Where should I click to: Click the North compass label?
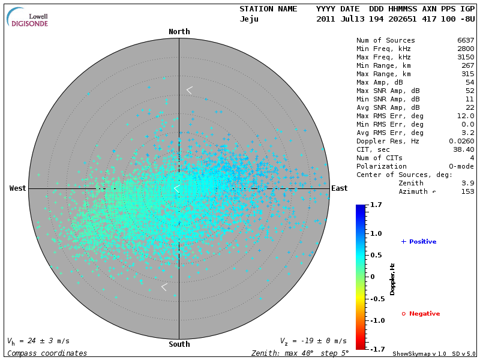click(x=179, y=32)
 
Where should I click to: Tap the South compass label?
click(x=179, y=344)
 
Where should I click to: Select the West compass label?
click(x=18, y=188)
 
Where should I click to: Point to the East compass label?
click(x=339, y=188)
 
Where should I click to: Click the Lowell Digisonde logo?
click(x=28, y=17)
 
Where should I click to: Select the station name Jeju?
click(x=249, y=19)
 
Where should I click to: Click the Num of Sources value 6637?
click(x=466, y=41)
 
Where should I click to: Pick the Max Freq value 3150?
click(x=466, y=58)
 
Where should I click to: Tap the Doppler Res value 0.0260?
click(x=461, y=142)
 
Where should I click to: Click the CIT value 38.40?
click(x=464, y=150)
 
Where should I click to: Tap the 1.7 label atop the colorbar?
click(x=377, y=205)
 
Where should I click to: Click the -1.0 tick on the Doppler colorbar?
click(x=376, y=320)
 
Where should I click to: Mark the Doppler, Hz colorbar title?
click(x=392, y=279)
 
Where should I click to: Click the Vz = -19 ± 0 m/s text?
click(x=313, y=341)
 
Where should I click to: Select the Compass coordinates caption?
click(x=47, y=353)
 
